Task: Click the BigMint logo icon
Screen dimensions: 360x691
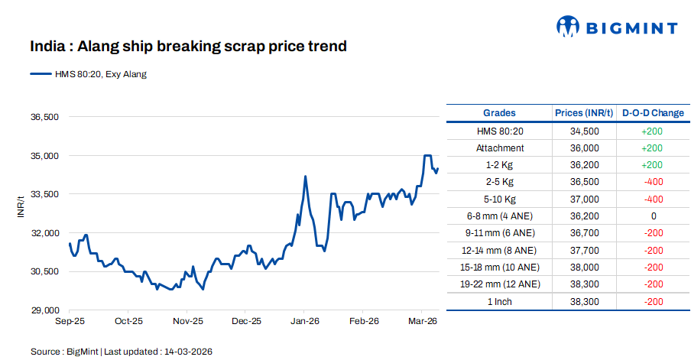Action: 567,27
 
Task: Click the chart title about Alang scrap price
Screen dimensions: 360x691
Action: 188,47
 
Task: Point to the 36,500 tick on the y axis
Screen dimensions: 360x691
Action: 44,117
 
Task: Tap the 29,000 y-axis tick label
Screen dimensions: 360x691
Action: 44,310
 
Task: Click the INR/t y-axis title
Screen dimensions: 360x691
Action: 21,206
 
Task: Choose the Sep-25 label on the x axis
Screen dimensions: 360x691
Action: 70,322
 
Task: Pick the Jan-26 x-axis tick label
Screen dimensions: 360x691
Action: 305,322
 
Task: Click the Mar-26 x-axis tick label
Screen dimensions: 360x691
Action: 422,322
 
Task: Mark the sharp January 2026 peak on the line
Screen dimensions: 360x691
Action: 306,177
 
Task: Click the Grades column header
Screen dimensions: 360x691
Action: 499,113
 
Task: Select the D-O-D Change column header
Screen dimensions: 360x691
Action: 653,113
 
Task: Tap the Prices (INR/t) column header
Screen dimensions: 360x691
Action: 584,113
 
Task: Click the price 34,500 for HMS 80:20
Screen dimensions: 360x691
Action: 584,131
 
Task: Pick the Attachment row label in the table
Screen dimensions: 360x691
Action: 499,148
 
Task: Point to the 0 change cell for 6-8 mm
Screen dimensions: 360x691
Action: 653,216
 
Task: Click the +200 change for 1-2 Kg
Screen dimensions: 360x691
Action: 653,164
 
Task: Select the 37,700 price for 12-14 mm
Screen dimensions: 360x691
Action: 584,250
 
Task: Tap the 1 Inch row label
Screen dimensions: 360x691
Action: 499,302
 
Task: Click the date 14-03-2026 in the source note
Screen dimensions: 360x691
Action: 187,352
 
